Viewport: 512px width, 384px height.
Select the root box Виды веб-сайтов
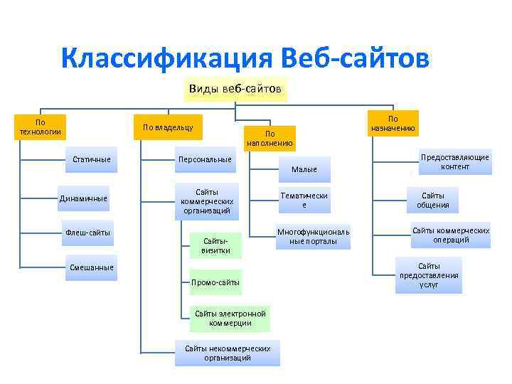click(x=235, y=90)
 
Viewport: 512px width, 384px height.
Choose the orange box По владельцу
click(x=168, y=127)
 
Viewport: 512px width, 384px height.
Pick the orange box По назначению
click(x=393, y=123)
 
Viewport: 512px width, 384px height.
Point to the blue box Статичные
click(x=92, y=159)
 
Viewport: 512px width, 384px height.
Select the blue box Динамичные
click(x=82, y=198)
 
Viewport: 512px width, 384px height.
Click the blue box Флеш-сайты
click(x=88, y=233)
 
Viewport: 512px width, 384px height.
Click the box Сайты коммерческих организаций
click(x=206, y=201)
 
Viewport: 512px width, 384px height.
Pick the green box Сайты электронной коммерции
click(x=230, y=318)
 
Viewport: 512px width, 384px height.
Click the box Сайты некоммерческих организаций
click(x=228, y=353)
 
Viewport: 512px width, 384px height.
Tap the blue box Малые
click(x=304, y=169)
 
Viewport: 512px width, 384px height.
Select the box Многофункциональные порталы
click(x=313, y=237)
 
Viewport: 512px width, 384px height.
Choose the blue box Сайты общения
click(x=432, y=200)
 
